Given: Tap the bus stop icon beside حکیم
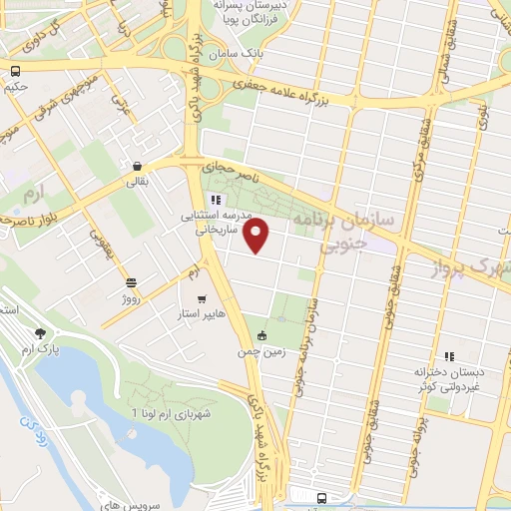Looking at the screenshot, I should pos(15,71).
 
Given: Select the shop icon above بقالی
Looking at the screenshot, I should pos(137,166).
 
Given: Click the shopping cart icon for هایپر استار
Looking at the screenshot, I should pos(202,298).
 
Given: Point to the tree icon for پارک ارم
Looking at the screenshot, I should pos(40,333).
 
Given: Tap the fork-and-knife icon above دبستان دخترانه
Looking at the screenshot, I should pos(448,354).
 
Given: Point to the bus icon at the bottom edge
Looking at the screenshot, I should pos(321,498).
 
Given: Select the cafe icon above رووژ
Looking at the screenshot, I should pos(132,282).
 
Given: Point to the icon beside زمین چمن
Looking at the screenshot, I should pos(262,335).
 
